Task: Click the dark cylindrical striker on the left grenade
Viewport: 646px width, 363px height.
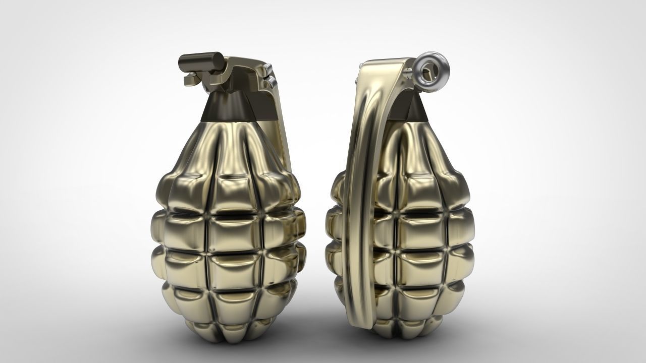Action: pos(201,62)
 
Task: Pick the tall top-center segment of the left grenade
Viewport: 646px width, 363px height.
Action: pos(230,151)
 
